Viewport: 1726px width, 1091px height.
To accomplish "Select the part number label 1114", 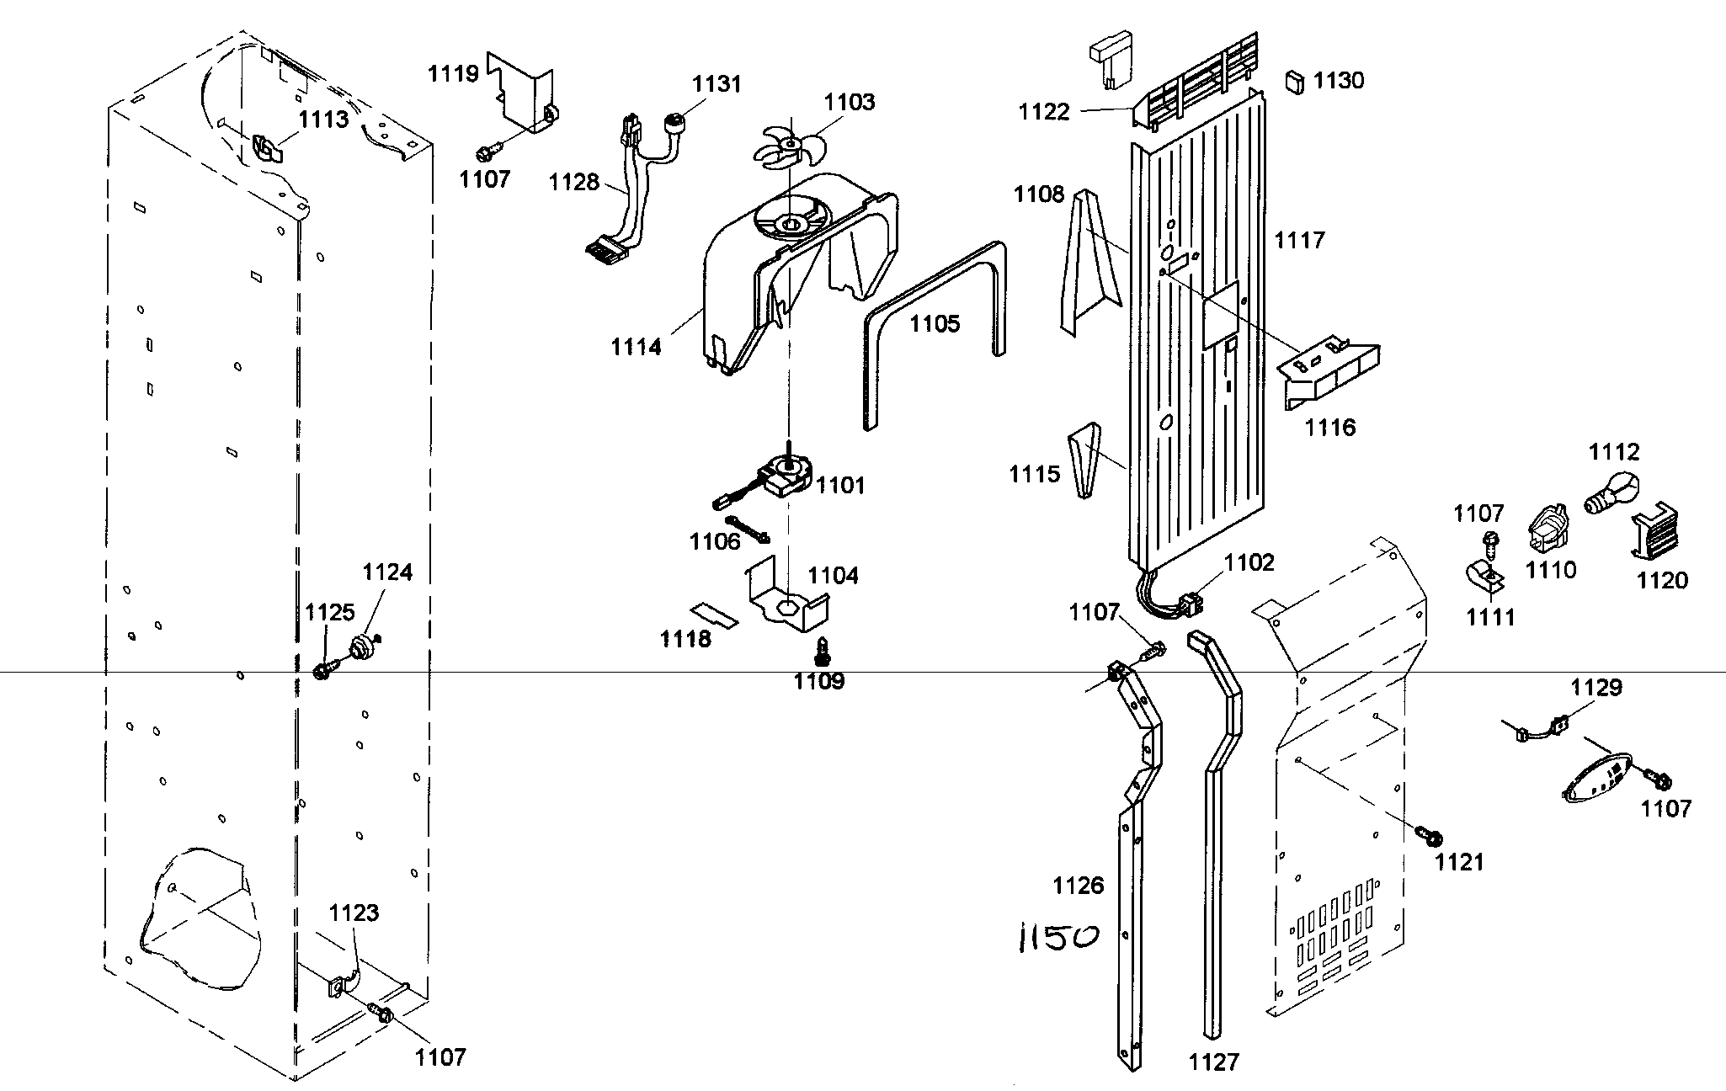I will [x=636, y=346].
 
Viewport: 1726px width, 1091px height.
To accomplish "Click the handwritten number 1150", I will [x=1058, y=936].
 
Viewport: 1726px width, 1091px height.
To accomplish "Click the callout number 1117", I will [x=1299, y=241].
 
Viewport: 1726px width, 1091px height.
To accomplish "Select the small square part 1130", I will [x=1294, y=82].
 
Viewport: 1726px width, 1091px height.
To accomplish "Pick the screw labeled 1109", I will [x=822, y=651].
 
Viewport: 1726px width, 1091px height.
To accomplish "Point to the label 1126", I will [x=1078, y=885].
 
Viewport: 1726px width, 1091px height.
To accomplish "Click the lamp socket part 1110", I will [x=1547, y=528].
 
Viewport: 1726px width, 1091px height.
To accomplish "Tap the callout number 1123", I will [x=354, y=913].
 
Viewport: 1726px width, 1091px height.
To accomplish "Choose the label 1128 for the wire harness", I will [x=574, y=182].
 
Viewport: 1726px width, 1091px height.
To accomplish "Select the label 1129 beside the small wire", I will [x=1596, y=688].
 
